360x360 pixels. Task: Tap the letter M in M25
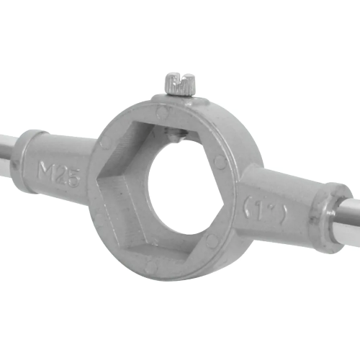coord(46,170)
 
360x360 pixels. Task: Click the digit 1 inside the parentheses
coord(261,211)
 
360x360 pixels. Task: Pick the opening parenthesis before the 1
coord(247,206)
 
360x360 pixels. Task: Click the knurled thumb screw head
coord(180,84)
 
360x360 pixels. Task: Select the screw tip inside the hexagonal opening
coord(174,135)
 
